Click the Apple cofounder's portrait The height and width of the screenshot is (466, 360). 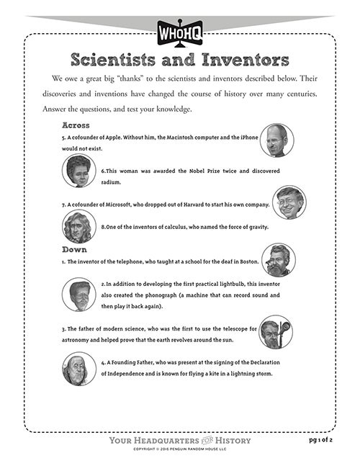[x=276, y=140]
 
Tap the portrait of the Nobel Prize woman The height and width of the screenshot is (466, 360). [x=79, y=171]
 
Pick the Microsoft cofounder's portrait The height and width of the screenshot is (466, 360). [x=289, y=202]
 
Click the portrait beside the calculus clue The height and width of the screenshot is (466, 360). [x=78, y=227]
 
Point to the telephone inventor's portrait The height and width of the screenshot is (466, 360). [x=279, y=260]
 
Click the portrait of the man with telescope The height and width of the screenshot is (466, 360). [x=276, y=331]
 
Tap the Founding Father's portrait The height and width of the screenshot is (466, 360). [x=78, y=368]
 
